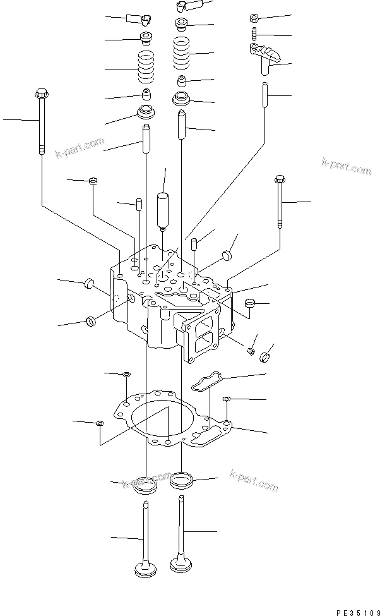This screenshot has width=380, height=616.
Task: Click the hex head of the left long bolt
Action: (40, 94)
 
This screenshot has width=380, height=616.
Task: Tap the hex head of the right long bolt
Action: (280, 180)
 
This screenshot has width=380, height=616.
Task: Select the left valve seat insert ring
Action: (146, 486)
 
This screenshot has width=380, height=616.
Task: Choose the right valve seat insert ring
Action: (182, 480)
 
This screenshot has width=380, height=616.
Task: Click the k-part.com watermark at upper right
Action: (347, 167)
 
